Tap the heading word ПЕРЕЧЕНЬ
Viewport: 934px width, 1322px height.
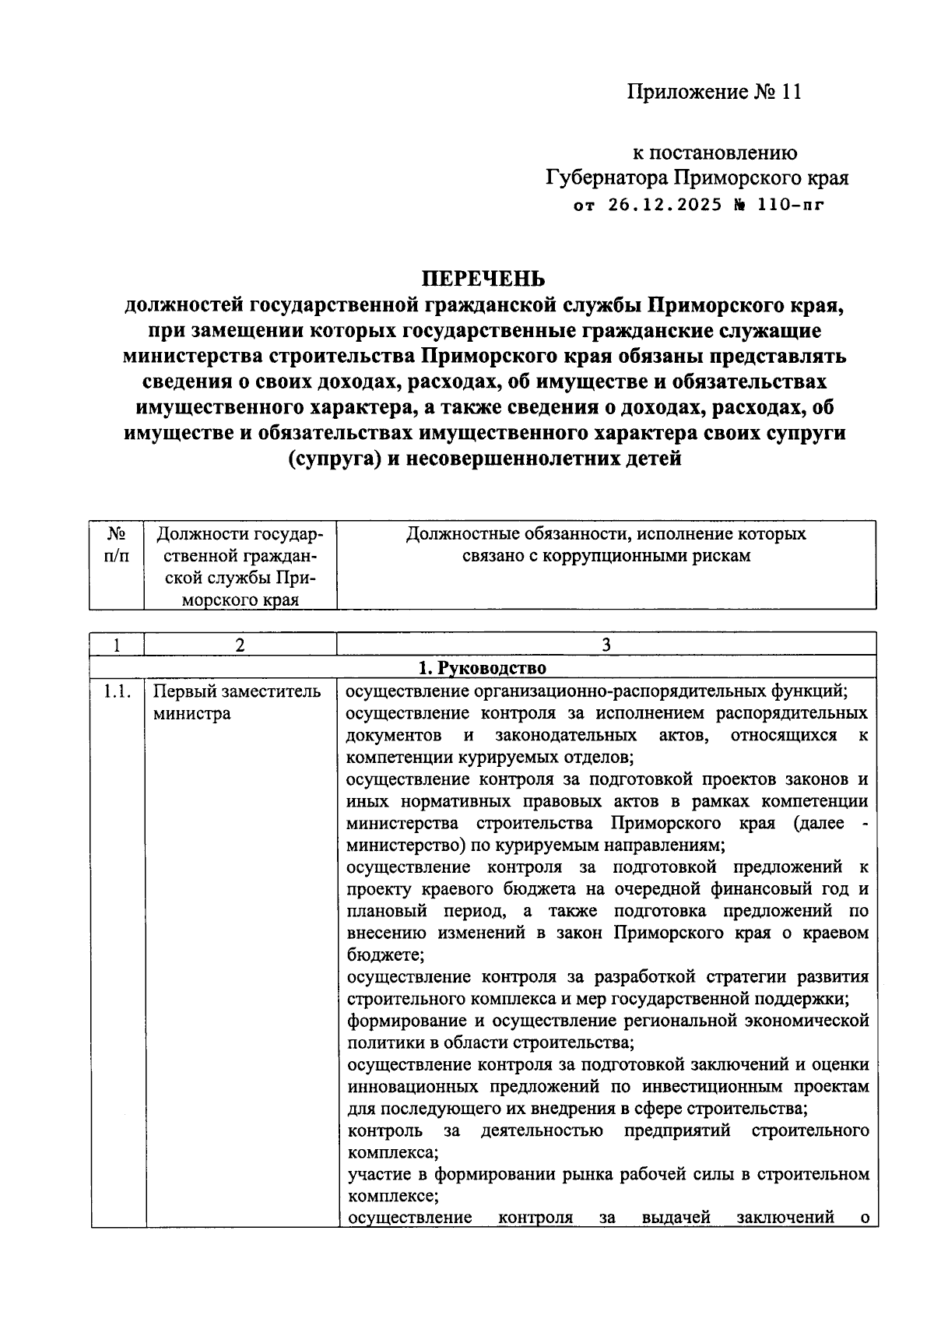(x=483, y=279)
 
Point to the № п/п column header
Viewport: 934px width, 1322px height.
(x=117, y=545)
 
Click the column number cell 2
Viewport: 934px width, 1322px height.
(x=240, y=645)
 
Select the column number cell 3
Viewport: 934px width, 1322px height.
(x=606, y=645)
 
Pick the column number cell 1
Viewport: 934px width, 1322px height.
(x=117, y=645)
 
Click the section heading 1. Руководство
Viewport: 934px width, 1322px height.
(x=483, y=668)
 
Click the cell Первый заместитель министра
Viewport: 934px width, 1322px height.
(x=236, y=702)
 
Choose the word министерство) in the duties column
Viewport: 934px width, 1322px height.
(x=405, y=845)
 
